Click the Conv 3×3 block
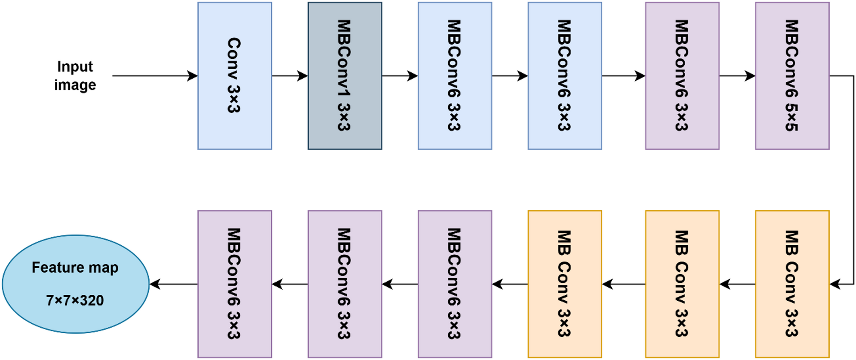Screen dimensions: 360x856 pos(234,75)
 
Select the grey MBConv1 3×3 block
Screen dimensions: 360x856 pos(344,75)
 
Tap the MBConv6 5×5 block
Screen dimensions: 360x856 pos(792,75)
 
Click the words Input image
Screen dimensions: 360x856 pos(75,75)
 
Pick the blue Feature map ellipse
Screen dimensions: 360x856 pos(75,284)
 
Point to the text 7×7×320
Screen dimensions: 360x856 pos(75,300)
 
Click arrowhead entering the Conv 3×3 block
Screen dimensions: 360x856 pos(193,76)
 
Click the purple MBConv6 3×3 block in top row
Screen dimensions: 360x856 pos(682,75)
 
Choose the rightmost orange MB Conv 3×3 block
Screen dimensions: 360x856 pos(792,284)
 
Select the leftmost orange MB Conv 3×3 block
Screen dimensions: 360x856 pos(564,284)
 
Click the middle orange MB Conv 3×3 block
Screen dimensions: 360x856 pos(682,284)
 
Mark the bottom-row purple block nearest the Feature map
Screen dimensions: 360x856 pos(234,284)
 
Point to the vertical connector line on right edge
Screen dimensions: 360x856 pos(853,179)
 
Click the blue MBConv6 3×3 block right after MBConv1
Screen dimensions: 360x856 pos(454,75)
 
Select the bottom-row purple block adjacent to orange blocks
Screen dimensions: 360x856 pos(454,284)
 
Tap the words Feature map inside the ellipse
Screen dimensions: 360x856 pos(75,267)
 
